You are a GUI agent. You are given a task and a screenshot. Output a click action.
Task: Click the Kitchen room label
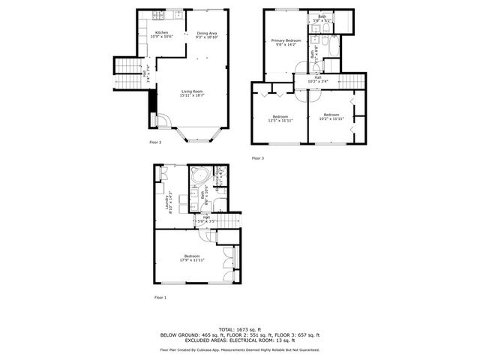(162, 34)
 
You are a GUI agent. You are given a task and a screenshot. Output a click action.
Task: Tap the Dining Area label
(207, 34)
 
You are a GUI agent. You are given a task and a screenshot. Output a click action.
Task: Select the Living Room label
(193, 94)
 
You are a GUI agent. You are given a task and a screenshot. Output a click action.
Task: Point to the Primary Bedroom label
(286, 41)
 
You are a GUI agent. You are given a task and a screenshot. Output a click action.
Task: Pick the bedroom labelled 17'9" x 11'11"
(193, 259)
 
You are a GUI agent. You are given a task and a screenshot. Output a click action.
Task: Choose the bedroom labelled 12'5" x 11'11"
(281, 118)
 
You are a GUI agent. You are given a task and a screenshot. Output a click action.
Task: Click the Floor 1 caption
(160, 298)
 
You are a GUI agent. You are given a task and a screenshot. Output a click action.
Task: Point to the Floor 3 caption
(258, 157)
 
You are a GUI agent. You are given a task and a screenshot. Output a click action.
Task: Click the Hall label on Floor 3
(318, 77)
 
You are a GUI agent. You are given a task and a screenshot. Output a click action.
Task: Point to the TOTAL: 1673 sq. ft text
(240, 329)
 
